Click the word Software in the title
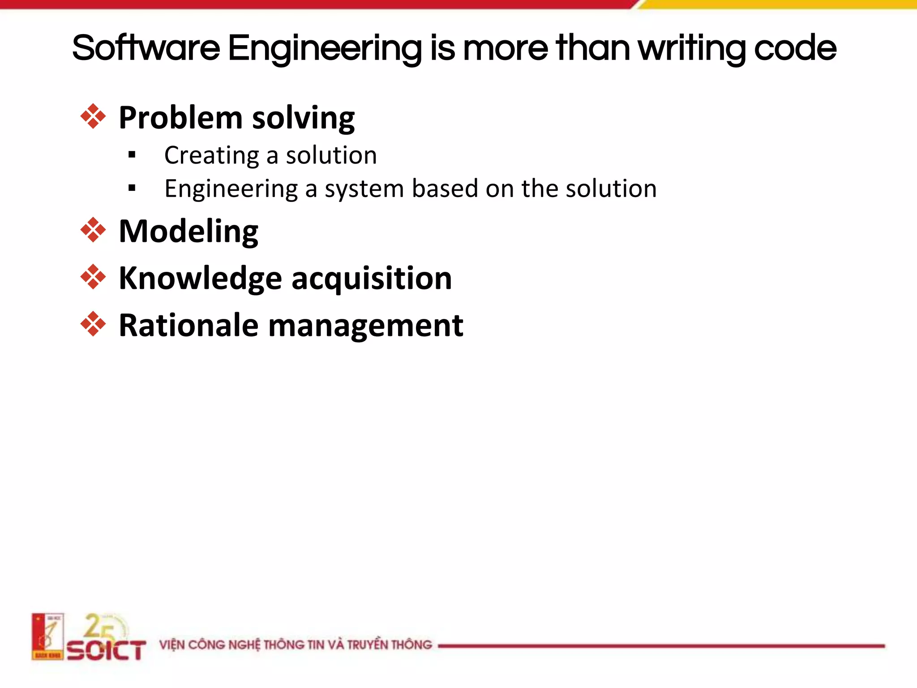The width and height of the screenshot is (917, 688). point(146,48)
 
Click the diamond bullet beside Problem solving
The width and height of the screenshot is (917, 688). point(93,116)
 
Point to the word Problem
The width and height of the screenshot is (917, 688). point(180,118)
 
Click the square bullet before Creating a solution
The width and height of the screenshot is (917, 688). point(132,155)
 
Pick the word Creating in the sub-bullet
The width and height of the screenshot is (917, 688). point(211,156)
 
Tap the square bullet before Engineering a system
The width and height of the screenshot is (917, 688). point(132,188)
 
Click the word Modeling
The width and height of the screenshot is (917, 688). point(189,232)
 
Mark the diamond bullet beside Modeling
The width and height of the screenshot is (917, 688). point(93,230)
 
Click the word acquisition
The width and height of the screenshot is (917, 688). point(372,279)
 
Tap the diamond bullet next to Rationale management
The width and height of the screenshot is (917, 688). point(93,324)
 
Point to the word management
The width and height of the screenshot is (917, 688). point(365,326)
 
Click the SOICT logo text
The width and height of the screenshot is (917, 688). point(107,650)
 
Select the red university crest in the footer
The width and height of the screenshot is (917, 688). point(47,636)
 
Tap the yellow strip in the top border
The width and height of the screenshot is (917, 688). point(779,4)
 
